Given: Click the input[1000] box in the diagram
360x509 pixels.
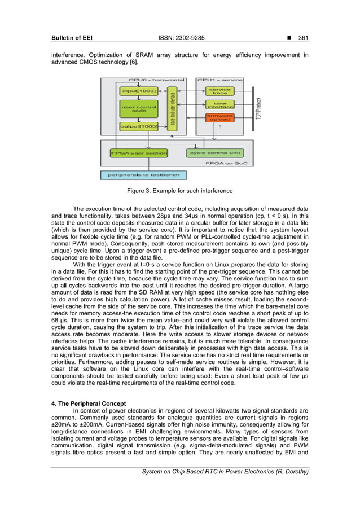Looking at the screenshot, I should [138, 90].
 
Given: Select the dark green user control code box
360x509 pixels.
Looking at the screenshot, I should [138, 109].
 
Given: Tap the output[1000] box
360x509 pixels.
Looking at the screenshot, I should [138, 126].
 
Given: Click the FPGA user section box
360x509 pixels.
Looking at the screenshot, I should [139, 153].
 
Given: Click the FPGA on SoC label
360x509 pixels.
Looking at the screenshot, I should [235, 164].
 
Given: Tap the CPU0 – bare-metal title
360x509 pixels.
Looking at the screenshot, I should [148, 80].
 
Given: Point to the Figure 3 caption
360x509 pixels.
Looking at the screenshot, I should [179, 191].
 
